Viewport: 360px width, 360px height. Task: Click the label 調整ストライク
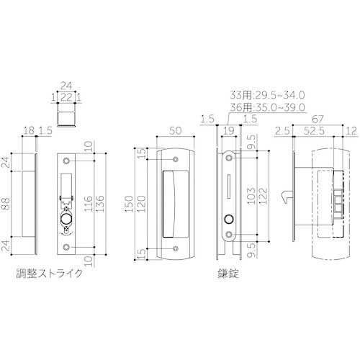[x=49, y=274]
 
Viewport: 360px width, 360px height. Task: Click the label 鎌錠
[x=228, y=274]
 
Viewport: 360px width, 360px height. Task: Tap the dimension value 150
[x=129, y=204]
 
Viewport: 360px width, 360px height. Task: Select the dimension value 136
[x=100, y=204]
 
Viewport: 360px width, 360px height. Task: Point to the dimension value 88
[x=6, y=204]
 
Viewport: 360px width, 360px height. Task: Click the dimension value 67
[x=318, y=120]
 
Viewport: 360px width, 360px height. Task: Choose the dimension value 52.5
[x=314, y=131]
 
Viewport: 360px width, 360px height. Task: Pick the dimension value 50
[x=176, y=131]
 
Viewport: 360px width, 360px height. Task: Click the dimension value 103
[x=251, y=196]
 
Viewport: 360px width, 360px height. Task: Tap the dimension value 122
[x=263, y=196]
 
